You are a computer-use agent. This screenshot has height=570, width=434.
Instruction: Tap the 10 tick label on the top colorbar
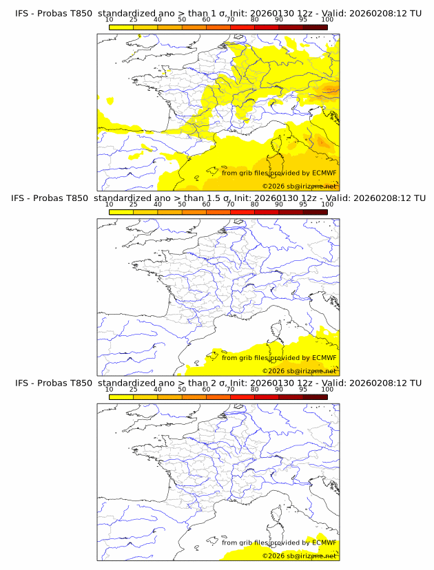(109, 20)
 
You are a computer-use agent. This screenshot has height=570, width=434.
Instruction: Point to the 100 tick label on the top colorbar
(327, 20)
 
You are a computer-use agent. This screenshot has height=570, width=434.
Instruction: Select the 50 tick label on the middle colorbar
(182, 204)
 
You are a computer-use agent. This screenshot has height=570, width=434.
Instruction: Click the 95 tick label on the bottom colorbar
(303, 389)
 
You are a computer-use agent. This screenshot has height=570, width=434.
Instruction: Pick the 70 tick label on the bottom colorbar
(230, 389)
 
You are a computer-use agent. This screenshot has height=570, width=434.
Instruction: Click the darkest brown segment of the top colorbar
(315, 27)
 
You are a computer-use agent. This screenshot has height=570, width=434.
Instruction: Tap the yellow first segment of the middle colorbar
(121, 211)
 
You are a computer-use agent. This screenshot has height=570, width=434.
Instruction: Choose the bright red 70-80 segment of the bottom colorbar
(242, 396)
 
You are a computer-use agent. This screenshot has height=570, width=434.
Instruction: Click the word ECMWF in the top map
(324, 173)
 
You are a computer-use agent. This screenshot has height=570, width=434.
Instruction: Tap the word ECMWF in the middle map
(324, 357)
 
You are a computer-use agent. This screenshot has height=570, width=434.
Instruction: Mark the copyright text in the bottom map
(299, 556)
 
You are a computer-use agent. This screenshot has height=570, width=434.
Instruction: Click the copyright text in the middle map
(299, 371)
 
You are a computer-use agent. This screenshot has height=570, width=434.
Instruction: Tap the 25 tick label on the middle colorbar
(133, 204)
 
